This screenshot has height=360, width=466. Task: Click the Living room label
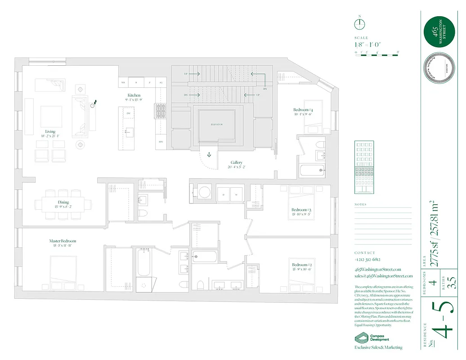50,132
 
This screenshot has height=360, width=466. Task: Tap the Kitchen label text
134,95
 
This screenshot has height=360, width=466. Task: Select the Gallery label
237,162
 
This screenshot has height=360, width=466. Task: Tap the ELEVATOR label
217,125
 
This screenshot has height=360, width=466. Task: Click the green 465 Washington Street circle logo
439,31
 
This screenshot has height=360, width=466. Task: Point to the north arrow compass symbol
360,24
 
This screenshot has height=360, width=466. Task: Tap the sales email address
383,276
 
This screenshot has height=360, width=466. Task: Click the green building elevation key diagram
364,167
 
